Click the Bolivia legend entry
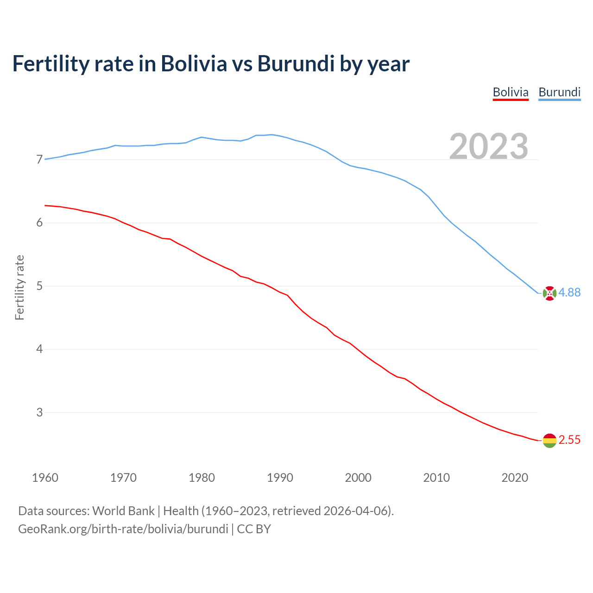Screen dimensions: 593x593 511,92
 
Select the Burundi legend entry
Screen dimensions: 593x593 559,92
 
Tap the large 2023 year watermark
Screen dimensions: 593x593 489,146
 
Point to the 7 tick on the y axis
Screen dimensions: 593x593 39,160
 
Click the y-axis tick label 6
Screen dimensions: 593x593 39,223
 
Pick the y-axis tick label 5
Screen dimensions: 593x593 39,286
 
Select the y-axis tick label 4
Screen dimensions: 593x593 39,349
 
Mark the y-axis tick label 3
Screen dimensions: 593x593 39,412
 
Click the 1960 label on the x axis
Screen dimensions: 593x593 45,478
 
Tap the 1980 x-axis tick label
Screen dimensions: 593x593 202,478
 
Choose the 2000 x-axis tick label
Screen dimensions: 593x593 358,478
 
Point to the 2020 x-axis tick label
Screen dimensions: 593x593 515,478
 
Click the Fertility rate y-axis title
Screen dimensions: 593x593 19,287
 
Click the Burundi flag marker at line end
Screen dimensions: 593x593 549,293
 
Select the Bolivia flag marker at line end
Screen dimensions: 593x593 549,441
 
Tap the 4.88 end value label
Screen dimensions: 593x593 569,292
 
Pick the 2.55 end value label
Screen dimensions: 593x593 569,440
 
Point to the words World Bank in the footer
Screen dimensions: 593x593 123,511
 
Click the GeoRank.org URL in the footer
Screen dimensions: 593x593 123,529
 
